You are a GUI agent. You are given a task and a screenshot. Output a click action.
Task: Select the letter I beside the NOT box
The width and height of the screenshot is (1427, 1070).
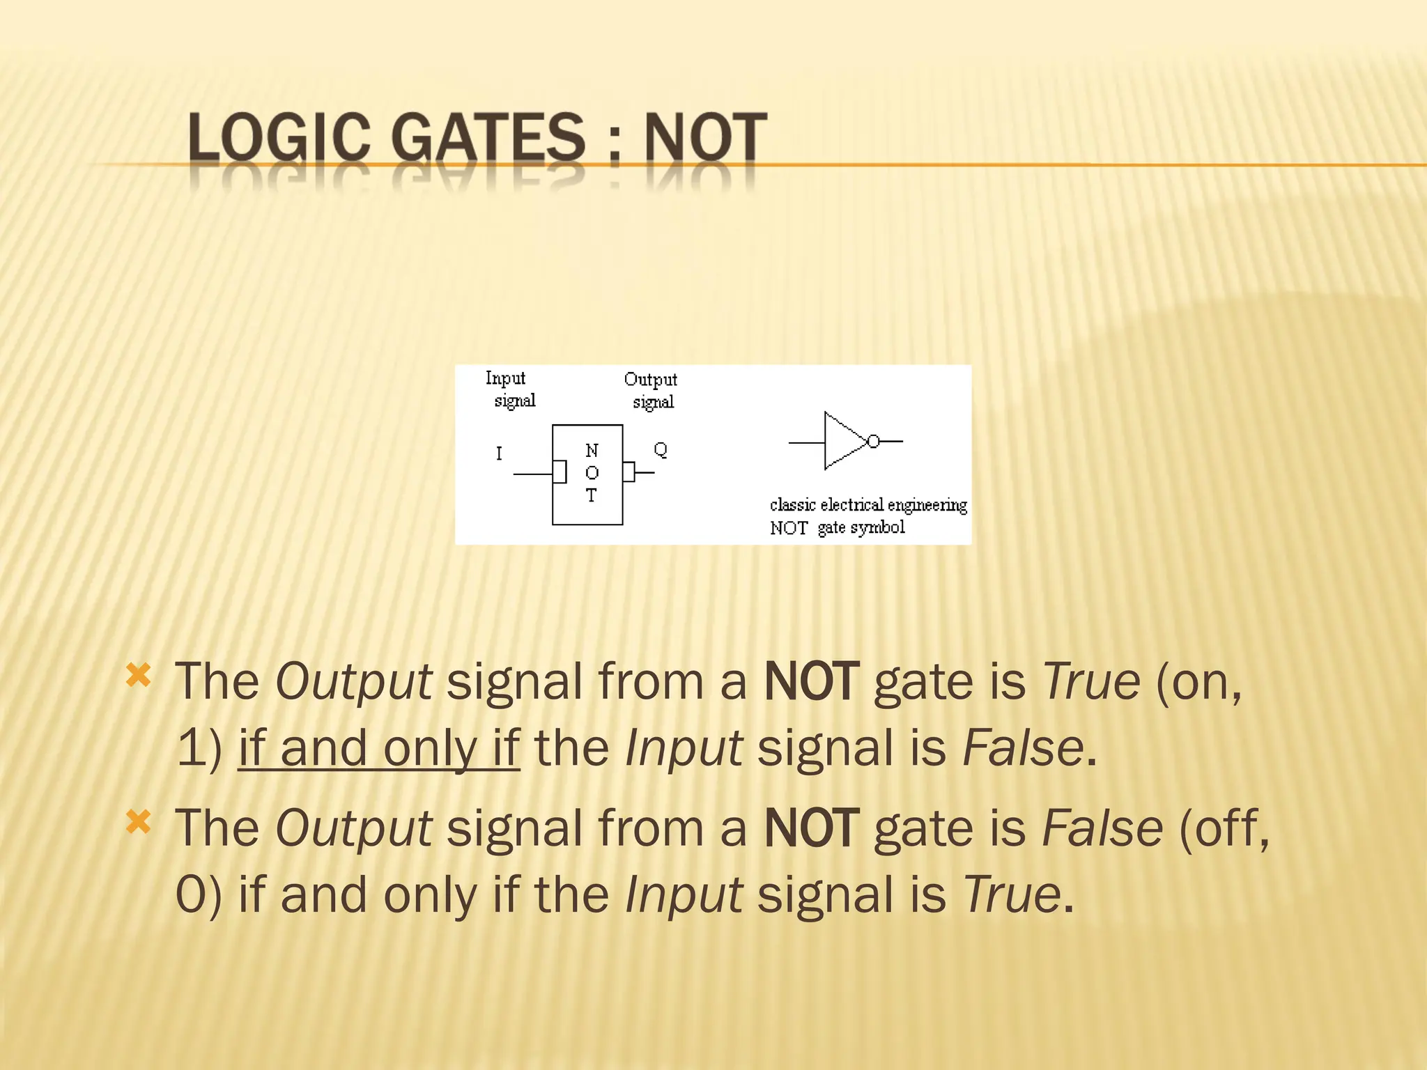pyautogui.click(x=499, y=453)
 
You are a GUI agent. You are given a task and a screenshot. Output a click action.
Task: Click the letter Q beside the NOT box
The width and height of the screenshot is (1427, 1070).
pyautogui.click(x=661, y=449)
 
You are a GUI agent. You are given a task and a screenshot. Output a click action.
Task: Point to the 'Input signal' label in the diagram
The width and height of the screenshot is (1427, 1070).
pyautogui.click(x=510, y=389)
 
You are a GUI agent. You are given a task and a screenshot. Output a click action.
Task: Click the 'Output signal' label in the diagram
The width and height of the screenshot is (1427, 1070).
pyautogui.click(x=651, y=390)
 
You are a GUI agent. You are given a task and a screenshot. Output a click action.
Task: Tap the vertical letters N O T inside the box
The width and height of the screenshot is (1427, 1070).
pyautogui.click(x=592, y=473)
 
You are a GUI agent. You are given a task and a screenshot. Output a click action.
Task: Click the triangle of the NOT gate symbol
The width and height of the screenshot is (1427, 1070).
pyautogui.click(x=842, y=441)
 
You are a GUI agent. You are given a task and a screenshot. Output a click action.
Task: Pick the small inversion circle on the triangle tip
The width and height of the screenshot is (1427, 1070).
pyautogui.click(x=873, y=441)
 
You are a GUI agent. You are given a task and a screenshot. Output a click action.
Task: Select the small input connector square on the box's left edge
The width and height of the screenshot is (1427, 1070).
pyautogui.click(x=560, y=472)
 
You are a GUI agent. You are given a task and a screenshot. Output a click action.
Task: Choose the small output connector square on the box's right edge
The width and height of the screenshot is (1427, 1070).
pyautogui.click(x=628, y=472)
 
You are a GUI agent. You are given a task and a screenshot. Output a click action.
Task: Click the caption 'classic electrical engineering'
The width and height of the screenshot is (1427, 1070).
pyautogui.click(x=868, y=504)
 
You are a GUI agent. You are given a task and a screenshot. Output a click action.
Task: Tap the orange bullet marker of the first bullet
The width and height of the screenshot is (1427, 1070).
pyautogui.click(x=139, y=674)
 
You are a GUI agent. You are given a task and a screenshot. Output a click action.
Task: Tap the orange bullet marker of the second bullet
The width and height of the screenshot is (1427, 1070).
pyautogui.click(x=139, y=822)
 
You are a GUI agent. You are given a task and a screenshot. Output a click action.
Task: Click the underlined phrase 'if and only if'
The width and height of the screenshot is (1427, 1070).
pyautogui.click(x=379, y=748)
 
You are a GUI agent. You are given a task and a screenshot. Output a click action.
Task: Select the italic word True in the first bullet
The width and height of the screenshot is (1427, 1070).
pyautogui.click(x=1091, y=681)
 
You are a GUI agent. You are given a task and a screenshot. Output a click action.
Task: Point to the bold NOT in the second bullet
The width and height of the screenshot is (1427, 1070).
pyautogui.click(x=812, y=828)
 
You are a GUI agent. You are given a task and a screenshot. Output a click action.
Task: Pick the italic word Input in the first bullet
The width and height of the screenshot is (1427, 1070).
pyautogui.click(x=684, y=748)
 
